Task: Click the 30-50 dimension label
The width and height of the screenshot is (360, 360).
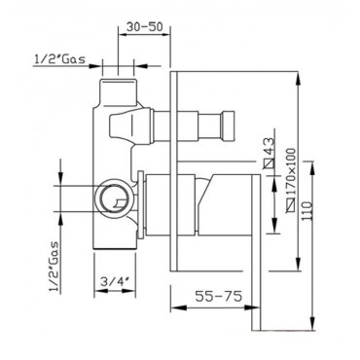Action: tap(144, 26)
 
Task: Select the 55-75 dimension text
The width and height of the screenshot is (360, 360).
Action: tap(219, 296)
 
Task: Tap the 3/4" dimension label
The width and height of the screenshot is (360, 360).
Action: tap(114, 281)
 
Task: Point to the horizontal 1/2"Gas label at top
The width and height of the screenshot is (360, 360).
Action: tap(59, 59)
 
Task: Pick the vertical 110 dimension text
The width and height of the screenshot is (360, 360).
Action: tap(306, 211)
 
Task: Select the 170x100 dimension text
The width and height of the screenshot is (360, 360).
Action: tap(291, 172)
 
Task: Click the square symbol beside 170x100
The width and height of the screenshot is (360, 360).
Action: tap(291, 205)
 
